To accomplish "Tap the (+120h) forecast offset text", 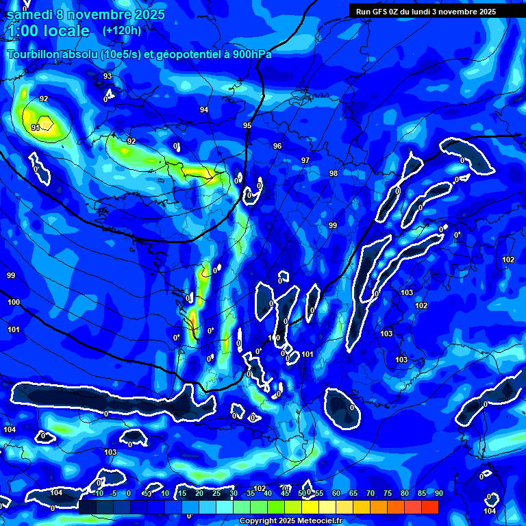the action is tap(122, 30).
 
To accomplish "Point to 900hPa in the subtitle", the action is tap(251, 54).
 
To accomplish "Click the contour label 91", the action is tap(36, 127).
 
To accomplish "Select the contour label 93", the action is tap(108, 76).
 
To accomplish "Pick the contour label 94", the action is tap(204, 110).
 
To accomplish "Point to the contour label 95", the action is tap(247, 125).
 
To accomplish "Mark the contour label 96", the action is tap(277, 146).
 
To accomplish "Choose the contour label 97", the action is tap(305, 160).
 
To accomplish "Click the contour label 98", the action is tap(334, 173).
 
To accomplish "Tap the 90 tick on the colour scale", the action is tap(438, 493).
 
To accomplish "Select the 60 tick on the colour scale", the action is tap(336, 493).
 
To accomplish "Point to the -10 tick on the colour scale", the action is tap(98, 493).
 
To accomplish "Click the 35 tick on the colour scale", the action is tap(250, 493).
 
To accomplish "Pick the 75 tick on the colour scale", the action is tap(387, 493).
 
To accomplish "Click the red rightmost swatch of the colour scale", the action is tap(429, 507).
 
